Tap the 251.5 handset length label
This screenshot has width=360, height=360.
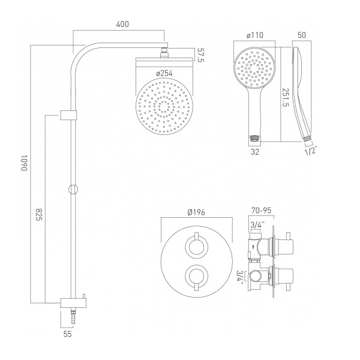[x=286, y=93]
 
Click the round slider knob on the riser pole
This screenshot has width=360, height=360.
[x=73, y=189]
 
